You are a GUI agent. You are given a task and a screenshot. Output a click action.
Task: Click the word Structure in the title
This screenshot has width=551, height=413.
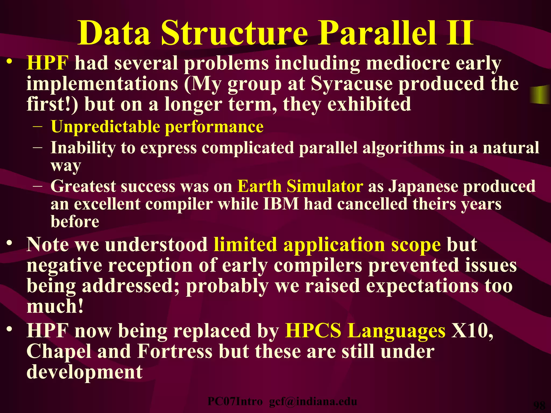coord(234,34)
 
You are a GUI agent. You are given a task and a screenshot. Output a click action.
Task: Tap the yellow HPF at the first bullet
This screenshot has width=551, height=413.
coord(48,63)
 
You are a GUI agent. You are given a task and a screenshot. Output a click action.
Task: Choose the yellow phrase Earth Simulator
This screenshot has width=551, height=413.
coord(300,186)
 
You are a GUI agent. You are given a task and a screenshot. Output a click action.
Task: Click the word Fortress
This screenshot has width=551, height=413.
coord(175,351)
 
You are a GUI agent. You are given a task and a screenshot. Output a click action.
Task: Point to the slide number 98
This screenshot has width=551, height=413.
coord(539,405)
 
